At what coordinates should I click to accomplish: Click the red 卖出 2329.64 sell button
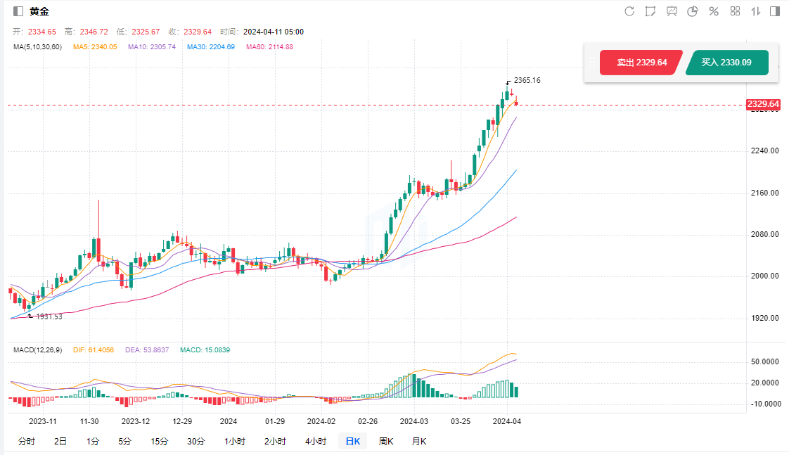point(641,63)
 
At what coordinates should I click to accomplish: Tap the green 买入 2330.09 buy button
point(726,63)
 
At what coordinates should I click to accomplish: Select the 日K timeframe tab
point(352,442)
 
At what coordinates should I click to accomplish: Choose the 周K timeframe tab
point(386,442)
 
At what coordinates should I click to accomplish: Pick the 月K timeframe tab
point(418,442)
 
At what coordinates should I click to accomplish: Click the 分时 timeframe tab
point(26,442)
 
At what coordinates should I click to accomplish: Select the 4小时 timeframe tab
point(316,442)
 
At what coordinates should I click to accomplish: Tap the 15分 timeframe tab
point(160,442)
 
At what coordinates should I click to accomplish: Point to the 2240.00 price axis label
point(764,150)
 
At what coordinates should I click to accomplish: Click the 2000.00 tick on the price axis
point(764,276)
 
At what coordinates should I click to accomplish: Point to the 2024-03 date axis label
point(413,421)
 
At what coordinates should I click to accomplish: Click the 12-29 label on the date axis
point(182,421)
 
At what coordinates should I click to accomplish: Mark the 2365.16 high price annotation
point(527,80)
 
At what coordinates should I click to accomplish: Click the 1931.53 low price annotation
point(49,316)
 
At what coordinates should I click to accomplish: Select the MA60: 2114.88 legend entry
point(269,47)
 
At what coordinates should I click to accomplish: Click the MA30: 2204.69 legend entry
point(210,47)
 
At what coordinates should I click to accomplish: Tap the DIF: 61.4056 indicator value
point(89,350)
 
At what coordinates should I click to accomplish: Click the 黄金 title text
point(39,11)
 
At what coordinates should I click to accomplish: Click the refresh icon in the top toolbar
point(629,11)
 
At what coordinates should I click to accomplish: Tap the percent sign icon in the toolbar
point(714,11)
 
